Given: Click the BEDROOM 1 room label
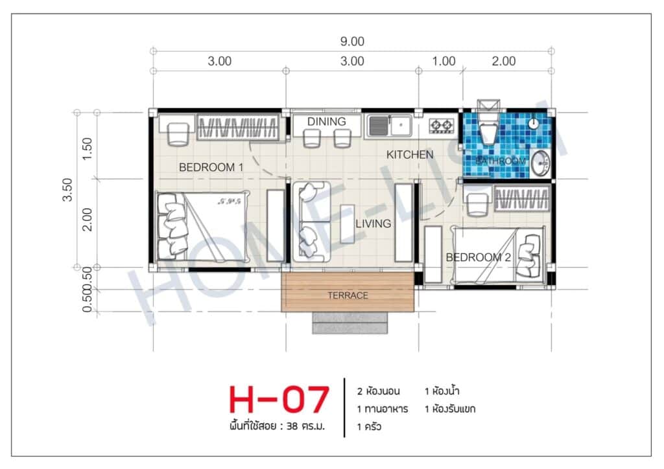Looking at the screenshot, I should pos(211,167).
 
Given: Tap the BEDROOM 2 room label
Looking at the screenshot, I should pos(478,257).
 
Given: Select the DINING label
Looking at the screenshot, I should pos(326,121).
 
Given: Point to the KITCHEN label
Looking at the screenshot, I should pos(410,155).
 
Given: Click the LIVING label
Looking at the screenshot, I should pos(373,224).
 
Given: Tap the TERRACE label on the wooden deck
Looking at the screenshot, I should pos(348,295).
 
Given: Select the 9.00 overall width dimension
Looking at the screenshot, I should pos(352,42).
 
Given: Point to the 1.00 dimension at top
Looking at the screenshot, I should pos(444,62).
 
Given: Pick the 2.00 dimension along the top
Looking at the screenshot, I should pos(504,62).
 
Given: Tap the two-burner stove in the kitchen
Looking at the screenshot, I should pos(442,125).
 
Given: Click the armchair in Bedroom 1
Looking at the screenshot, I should pos(176,132).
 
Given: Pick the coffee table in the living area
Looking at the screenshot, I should pos(347,223).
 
